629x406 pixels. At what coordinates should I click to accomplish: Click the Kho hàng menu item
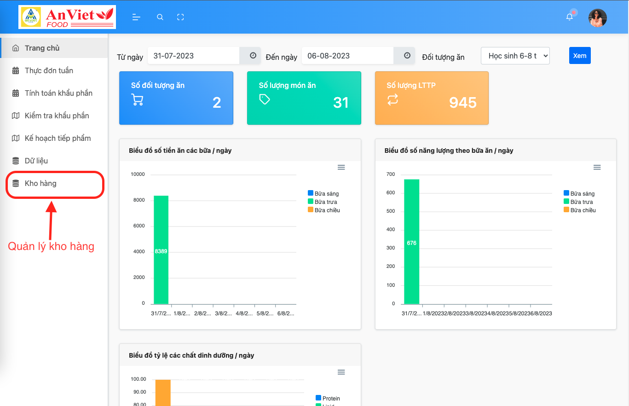click(40, 183)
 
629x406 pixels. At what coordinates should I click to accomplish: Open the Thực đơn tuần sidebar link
click(49, 70)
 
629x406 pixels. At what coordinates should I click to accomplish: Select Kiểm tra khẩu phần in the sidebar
click(57, 116)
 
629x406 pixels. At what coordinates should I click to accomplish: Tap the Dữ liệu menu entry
click(36, 161)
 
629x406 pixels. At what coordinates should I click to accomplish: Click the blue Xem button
click(579, 56)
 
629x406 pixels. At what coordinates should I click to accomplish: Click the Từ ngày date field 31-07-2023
click(193, 56)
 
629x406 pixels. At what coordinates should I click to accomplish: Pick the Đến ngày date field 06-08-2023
click(347, 56)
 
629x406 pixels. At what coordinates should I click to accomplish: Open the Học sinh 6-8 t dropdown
click(515, 56)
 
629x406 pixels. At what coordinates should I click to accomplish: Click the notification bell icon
click(570, 17)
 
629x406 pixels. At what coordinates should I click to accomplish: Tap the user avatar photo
click(597, 18)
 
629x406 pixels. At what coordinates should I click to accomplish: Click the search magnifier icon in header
click(160, 17)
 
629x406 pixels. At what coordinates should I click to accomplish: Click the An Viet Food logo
click(67, 17)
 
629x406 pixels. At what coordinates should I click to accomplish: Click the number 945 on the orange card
click(462, 102)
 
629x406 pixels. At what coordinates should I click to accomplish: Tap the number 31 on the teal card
click(340, 102)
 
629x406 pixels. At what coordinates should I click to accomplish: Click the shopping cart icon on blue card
click(137, 100)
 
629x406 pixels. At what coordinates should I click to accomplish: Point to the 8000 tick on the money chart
click(138, 200)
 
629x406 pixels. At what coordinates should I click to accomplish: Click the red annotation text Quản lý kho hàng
click(51, 246)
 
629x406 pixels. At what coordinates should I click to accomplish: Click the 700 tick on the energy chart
click(391, 174)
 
